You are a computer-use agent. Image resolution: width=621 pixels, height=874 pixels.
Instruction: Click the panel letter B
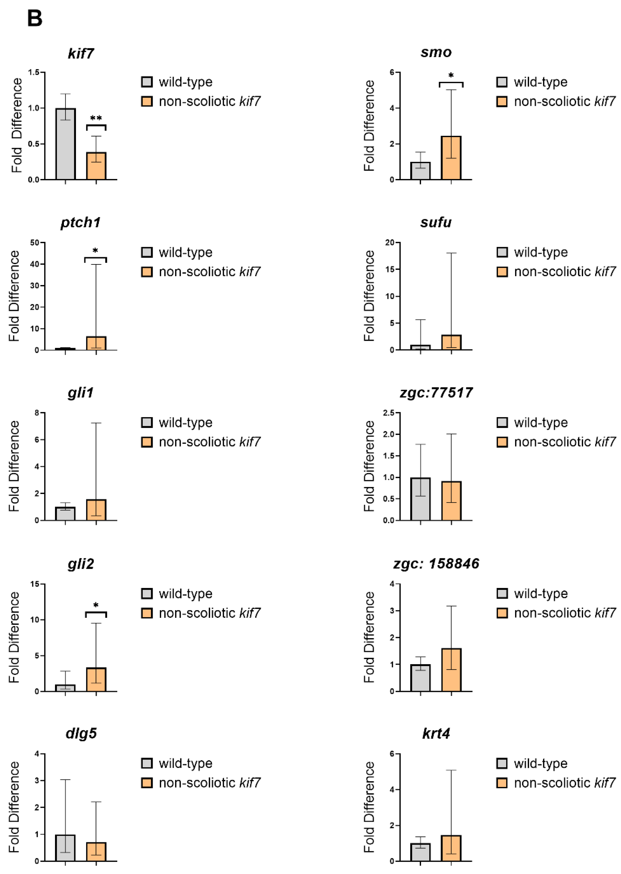(34, 18)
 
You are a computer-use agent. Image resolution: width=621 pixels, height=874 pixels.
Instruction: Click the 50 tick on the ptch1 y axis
(35, 243)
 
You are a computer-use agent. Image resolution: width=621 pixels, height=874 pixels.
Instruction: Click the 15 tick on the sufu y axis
(390, 269)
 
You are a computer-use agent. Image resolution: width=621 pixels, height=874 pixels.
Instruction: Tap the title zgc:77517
(436, 393)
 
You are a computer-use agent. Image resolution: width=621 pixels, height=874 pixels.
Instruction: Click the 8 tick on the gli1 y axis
(37, 413)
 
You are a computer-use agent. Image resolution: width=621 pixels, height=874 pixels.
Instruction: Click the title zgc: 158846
(436, 563)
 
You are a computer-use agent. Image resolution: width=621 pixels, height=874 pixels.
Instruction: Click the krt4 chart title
(436, 733)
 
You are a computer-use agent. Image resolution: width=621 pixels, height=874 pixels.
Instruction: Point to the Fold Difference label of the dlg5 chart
(14, 807)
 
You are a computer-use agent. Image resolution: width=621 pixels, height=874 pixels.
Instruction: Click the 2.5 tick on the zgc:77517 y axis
(389, 413)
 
